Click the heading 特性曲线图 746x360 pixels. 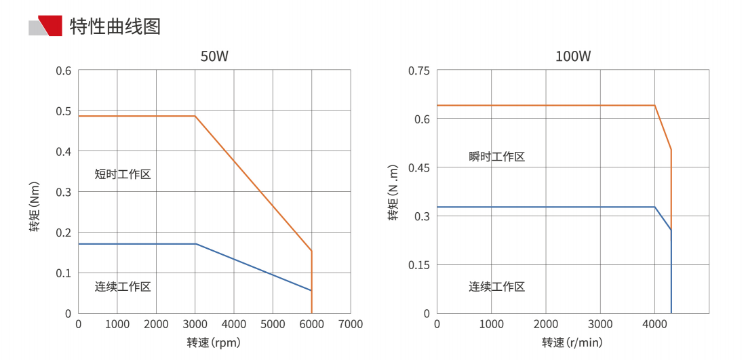click(115, 26)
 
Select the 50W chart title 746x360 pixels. click(214, 56)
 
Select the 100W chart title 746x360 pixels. click(573, 56)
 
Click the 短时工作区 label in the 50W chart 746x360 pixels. click(123, 174)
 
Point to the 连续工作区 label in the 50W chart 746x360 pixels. click(123, 287)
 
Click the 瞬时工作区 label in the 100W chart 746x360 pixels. click(497, 157)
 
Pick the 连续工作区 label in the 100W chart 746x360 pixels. click(497, 287)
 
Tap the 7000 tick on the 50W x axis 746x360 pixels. click(350, 324)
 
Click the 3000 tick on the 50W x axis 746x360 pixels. click(195, 324)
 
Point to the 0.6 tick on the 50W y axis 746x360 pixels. click(64, 71)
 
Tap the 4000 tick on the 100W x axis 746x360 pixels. click(654, 324)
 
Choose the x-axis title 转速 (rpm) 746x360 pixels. click(214, 343)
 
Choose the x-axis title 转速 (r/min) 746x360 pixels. click(572, 343)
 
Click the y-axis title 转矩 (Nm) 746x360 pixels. click(35, 206)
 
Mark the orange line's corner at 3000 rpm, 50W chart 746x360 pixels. click(195, 116)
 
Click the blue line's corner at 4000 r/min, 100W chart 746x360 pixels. click(654, 207)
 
